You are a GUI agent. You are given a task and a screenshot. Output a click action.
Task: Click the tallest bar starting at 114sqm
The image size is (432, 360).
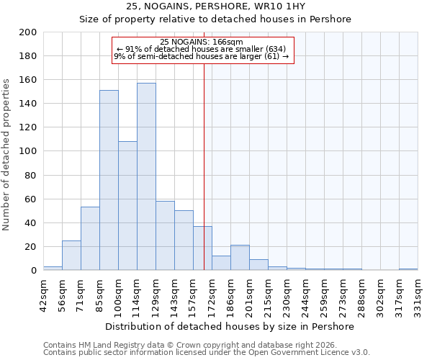[146, 176]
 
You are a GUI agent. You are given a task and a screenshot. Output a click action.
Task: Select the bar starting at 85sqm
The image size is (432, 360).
[109, 180]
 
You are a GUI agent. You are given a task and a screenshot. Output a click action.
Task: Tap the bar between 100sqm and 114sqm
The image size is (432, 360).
[127, 205]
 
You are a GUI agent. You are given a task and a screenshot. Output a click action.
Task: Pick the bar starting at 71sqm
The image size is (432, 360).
[90, 238]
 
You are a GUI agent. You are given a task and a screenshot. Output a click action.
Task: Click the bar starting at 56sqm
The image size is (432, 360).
[71, 256]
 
